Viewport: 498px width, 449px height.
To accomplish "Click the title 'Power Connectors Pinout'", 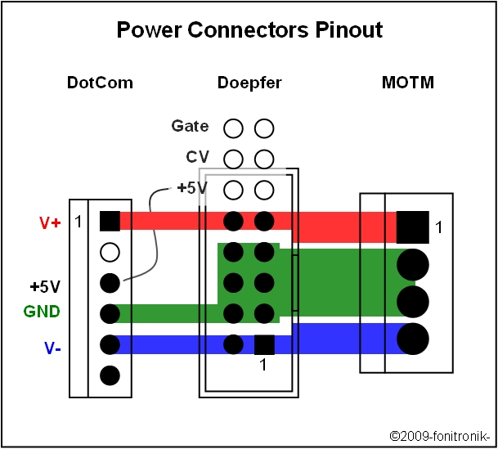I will click(249, 31).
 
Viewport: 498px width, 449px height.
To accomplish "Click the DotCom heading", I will click(100, 83).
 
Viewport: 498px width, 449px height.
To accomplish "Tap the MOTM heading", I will click(407, 83).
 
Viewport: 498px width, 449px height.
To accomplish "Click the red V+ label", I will click(50, 222).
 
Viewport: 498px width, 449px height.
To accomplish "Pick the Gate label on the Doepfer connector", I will click(190, 126).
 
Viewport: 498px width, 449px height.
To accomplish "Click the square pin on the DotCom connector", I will click(110, 221).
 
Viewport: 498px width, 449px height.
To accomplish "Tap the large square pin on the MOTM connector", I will click(412, 227).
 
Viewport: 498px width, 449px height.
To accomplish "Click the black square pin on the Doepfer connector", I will click(263, 344).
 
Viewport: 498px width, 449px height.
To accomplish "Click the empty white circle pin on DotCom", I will click(110, 252).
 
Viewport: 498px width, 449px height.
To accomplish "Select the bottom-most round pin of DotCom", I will click(110, 376).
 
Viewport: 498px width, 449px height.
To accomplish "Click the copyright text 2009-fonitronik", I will click(441, 436).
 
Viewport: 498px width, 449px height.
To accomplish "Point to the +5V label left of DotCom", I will click(45, 287).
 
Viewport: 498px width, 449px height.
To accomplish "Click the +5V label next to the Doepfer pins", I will click(192, 188).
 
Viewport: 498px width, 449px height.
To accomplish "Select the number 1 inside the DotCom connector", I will click(79, 222).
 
